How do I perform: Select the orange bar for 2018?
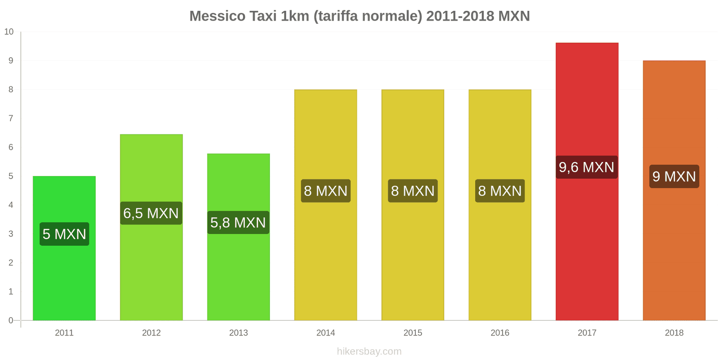coord(674,252)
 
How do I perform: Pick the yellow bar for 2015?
coord(413,261)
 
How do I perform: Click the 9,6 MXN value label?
coord(586,167)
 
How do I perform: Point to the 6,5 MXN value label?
coord(151,213)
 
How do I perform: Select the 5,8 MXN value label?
coord(238,223)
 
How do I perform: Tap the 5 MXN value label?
coord(64,234)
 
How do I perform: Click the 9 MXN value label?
coord(674,176)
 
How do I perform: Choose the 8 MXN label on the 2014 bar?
coord(325,191)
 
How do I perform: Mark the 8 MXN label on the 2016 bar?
coord(499,191)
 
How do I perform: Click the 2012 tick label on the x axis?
coord(151,333)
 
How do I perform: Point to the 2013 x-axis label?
coord(238,333)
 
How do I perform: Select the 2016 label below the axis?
coord(499,333)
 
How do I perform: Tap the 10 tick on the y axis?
coord(9,32)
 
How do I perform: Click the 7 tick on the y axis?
coord(11,118)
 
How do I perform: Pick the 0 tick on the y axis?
coord(11,320)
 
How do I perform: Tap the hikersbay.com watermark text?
coord(369,351)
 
